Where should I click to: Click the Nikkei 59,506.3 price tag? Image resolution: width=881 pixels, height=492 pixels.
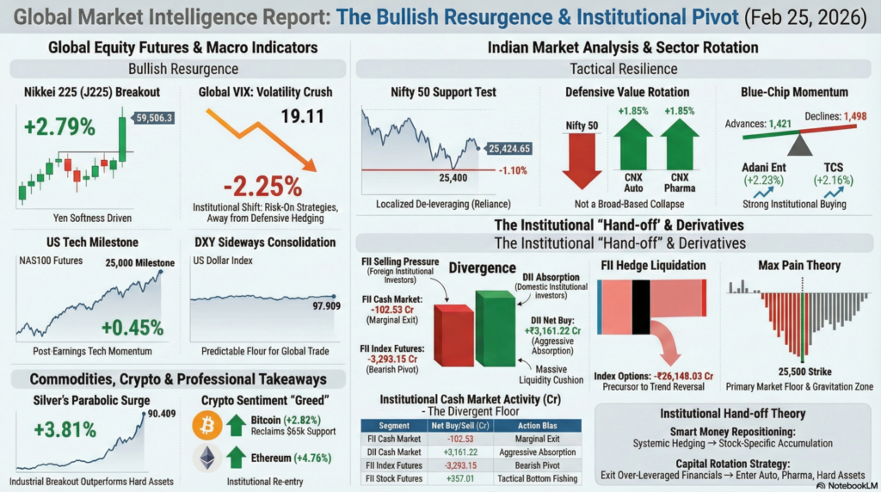(x=153, y=118)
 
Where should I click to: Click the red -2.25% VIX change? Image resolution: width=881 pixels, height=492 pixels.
(x=262, y=186)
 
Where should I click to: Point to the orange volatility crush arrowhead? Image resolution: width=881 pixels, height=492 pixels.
(x=309, y=163)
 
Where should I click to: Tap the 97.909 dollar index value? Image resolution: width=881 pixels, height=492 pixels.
(x=321, y=305)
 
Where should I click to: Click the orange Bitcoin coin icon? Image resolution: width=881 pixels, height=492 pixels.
(x=207, y=424)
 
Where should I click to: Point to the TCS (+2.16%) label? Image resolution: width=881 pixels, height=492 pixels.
(x=833, y=173)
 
